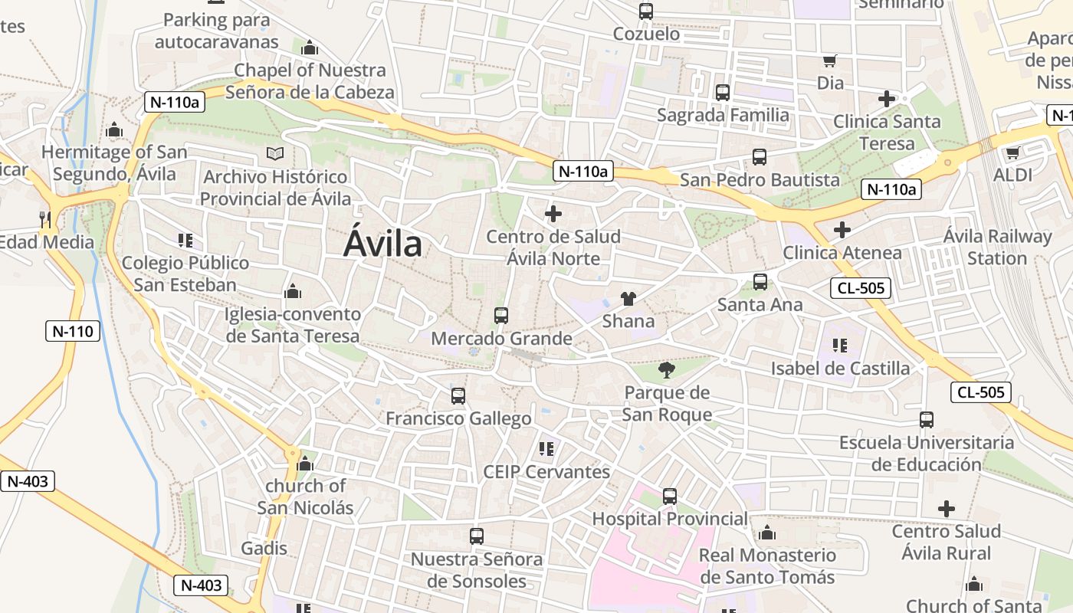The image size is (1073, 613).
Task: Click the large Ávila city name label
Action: (x=382, y=244)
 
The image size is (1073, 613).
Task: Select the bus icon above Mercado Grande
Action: (x=501, y=315)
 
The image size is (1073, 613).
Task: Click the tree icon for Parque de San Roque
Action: (x=667, y=370)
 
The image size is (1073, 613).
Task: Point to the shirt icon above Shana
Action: (x=628, y=298)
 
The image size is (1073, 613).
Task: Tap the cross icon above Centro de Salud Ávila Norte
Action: (x=553, y=214)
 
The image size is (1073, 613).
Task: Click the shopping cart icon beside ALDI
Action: (x=1012, y=152)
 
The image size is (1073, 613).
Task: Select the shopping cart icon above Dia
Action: (x=829, y=61)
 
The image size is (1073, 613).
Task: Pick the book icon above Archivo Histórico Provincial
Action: (x=274, y=154)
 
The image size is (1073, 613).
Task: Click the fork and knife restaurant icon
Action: (x=45, y=220)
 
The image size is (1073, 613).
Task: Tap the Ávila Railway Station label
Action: (x=997, y=247)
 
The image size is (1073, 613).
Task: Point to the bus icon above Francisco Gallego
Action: (x=458, y=396)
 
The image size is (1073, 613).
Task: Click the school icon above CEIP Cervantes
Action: (x=546, y=448)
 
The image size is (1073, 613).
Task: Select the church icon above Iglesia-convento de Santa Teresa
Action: (x=292, y=291)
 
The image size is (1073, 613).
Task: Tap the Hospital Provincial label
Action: (x=670, y=519)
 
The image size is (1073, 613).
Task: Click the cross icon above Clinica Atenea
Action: (x=842, y=229)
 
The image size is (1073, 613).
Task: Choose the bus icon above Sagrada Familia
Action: (x=723, y=93)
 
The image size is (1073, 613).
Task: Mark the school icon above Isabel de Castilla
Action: (x=840, y=346)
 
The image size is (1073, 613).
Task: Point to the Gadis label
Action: (x=264, y=548)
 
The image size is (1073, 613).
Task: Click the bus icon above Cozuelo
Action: (x=646, y=11)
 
